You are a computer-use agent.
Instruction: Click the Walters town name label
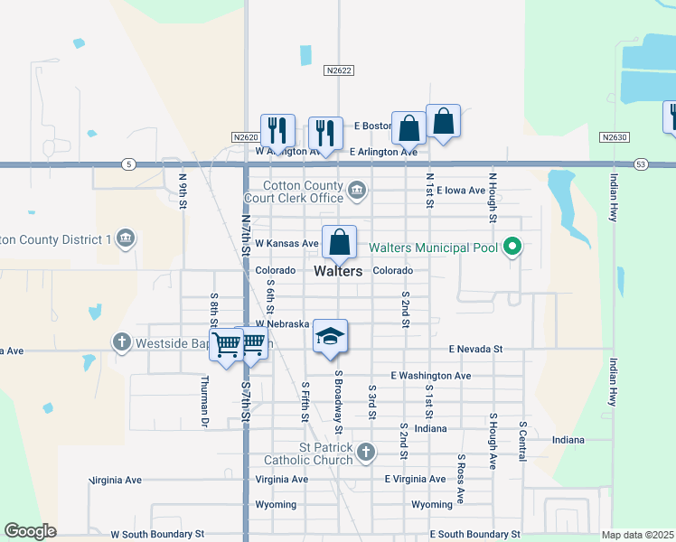click(339, 271)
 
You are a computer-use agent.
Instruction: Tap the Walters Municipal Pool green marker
click(513, 247)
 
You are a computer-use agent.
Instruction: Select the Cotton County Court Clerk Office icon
click(357, 191)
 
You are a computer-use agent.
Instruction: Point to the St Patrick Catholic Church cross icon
click(365, 452)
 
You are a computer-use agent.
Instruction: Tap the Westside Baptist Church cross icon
click(122, 342)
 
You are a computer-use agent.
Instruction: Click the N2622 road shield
click(339, 70)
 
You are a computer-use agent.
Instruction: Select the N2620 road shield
click(245, 137)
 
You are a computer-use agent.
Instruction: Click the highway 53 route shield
click(641, 164)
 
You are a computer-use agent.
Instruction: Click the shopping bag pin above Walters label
click(339, 242)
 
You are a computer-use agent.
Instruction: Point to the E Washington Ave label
click(430, 375)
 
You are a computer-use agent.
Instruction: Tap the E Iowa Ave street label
click(461, 191)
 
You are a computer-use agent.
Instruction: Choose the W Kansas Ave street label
click(286, 244)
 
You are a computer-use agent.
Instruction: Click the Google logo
click(30, 531)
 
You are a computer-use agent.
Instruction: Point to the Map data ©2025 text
click(637, 535)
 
